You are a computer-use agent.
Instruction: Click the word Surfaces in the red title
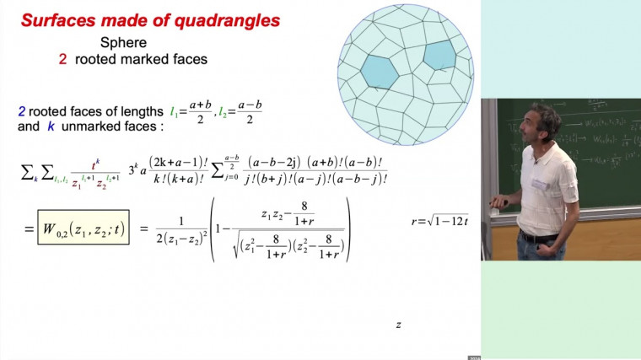click(57, 19)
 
